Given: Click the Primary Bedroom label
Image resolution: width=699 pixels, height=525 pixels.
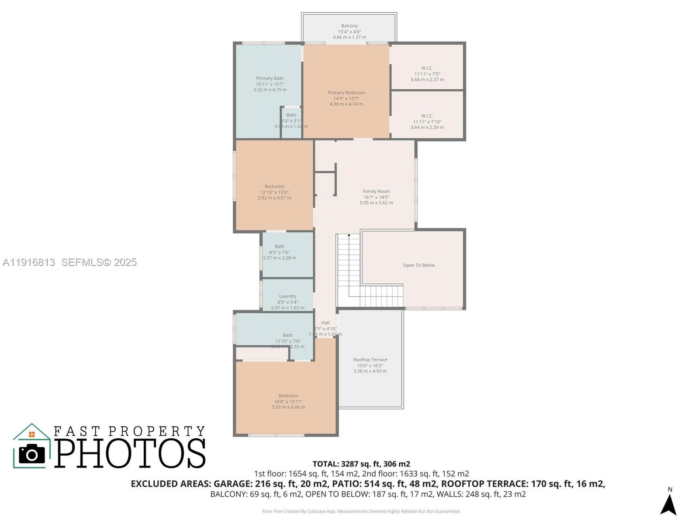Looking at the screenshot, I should [346, 93].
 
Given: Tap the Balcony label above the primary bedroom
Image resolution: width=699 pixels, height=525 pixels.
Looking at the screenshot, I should [349, 26].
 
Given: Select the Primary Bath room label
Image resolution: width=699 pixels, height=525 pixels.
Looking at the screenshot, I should [270, 78].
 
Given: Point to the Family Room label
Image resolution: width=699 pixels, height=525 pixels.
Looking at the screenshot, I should [376, 191].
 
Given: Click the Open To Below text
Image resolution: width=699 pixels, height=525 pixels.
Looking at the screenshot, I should [419, 265].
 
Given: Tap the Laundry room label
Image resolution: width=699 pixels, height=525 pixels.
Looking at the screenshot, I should [287, 296].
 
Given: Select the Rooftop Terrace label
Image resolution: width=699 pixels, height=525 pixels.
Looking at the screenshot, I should [370, 360].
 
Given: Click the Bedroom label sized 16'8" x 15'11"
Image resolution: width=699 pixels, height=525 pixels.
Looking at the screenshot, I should [288, 395].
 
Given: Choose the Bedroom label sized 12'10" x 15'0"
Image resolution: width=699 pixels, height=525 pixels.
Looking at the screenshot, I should [274, 186].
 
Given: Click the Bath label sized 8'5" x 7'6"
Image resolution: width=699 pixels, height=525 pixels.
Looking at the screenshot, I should [280, 247].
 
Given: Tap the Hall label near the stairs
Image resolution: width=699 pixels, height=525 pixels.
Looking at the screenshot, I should [325, 323].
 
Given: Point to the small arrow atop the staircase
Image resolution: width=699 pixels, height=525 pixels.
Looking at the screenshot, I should [349, 235].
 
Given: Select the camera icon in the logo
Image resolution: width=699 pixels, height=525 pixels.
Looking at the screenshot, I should [32, 454].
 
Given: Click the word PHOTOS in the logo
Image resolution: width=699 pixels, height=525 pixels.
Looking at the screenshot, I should [130, 453].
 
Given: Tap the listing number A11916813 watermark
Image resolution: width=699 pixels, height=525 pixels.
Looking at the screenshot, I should [29, 262].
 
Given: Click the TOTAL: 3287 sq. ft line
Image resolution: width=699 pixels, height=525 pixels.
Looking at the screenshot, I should [361, 464].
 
